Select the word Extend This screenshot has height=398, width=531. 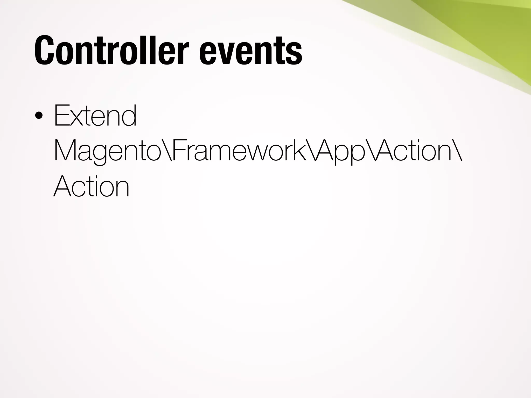95,115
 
